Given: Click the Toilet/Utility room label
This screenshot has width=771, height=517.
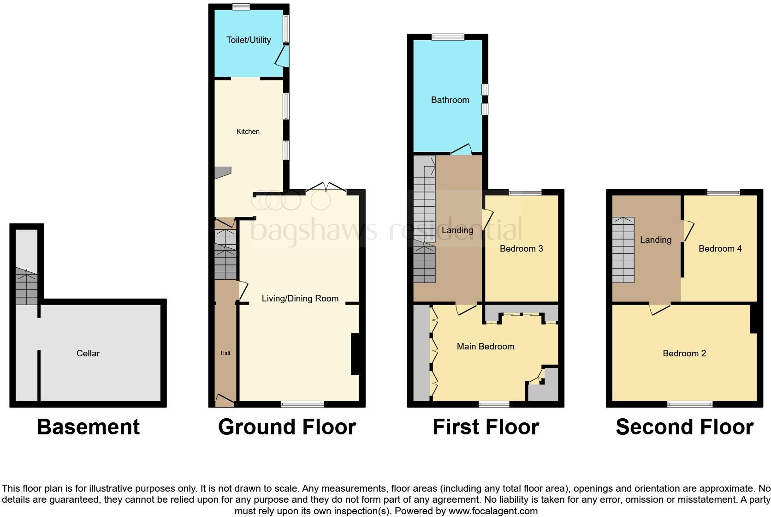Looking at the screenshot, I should click(249, 40).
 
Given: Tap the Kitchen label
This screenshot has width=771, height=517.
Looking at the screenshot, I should click(248, 132).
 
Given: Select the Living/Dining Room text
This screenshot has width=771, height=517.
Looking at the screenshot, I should click(300, 299).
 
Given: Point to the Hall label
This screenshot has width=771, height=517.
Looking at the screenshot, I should click(225, 353).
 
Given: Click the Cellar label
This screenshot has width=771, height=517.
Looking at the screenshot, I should click(88, 353).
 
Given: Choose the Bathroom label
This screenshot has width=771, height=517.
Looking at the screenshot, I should click(450, 100).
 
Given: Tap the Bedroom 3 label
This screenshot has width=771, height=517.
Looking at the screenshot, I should click(522, 249).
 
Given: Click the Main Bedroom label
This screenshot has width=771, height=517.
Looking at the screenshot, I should click(486, 347).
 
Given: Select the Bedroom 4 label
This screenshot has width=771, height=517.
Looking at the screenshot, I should click(720, 249).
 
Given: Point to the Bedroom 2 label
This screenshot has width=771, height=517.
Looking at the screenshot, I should click(684, 354).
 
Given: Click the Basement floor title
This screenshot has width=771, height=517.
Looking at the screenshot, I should click(88, 427).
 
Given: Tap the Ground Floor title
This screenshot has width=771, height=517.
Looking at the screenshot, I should click(287, 427).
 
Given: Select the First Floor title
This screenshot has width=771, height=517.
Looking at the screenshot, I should click(486, 427).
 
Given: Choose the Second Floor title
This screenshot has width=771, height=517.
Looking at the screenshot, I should click(684, 427).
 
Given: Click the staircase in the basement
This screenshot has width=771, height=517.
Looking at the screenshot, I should click(26, 287).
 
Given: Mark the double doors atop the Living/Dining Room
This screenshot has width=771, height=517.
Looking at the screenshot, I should click(326, 187).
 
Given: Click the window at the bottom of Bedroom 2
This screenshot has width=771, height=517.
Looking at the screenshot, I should click(690, 404).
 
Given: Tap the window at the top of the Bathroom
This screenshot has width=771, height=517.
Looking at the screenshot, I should click(448, 37).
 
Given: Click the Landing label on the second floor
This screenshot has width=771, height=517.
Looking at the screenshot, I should click(656, 240).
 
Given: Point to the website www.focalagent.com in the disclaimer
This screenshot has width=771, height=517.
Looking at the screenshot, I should click(493, 511).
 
